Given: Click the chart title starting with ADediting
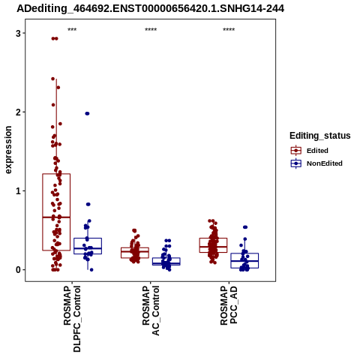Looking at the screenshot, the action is tap(150, 8).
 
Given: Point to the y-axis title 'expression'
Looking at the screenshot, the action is tap(8, 150).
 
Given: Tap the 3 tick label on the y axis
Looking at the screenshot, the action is tap(19, 33).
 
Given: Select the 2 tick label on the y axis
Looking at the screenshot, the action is tap(19, 112).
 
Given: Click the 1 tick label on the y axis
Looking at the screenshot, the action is tap(19, 191).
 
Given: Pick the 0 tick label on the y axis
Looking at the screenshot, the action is tap(19, 270).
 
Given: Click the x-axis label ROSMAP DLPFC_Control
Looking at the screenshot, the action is tap(72, 319).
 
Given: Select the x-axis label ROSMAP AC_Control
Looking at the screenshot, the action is tap(151, 310).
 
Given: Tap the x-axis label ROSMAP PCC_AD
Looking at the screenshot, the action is tap(229, 305).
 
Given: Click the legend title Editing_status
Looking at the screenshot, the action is tap(320, 136).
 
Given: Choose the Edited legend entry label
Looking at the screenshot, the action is tap(317, 151).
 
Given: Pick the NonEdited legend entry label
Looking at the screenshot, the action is tap(325, 163).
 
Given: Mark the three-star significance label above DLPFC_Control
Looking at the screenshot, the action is tap(72, 29).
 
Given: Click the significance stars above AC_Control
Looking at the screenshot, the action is tap(151, 29).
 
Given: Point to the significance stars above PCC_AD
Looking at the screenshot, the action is tap(229, 29).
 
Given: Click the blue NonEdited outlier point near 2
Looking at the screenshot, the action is tap(87, 113).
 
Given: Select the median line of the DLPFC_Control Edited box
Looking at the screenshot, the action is tap(56, 217).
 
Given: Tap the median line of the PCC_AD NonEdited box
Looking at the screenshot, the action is tap(244, 261).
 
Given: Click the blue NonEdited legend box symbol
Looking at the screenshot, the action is tap(296, 163).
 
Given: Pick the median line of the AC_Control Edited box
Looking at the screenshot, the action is tap(135, 251).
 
